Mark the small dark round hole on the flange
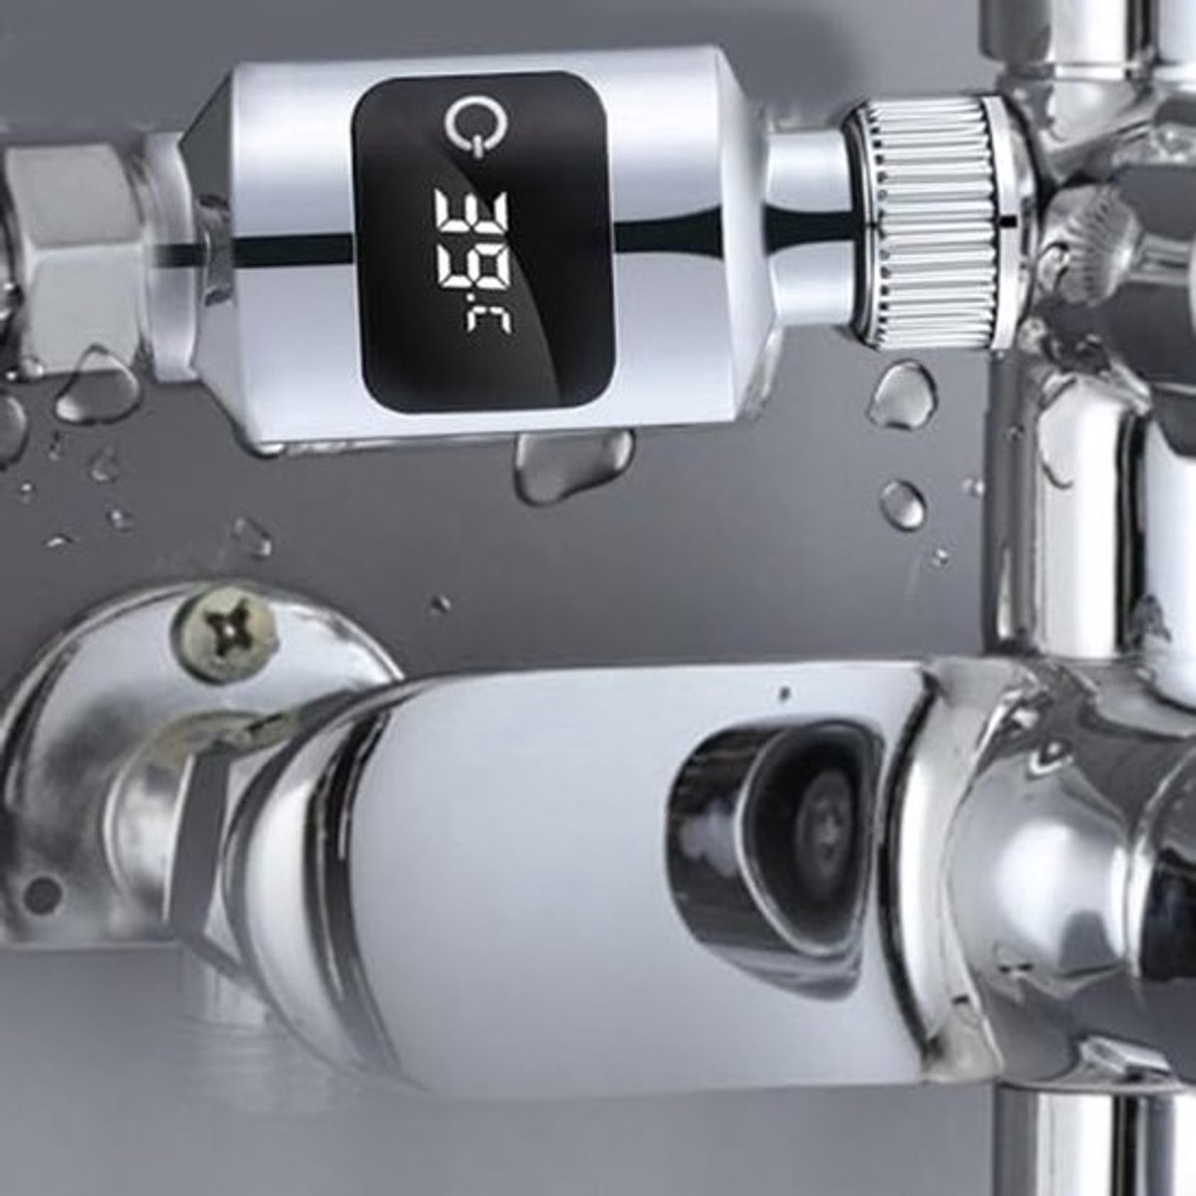(x=41, y=893)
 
